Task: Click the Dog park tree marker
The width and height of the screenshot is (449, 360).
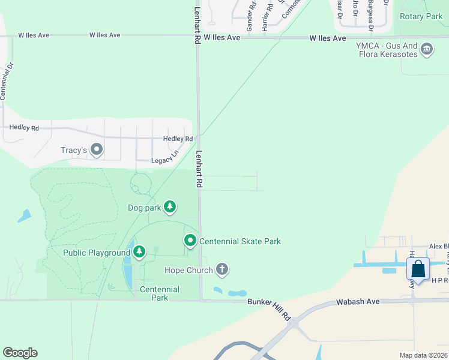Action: [x=170, y=207]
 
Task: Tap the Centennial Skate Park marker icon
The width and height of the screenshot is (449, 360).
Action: [x=190, y=241]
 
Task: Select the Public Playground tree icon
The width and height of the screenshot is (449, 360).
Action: [x=139, y=251]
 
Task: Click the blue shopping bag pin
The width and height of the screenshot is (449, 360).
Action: [x=418, y=269]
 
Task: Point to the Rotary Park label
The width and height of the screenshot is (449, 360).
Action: [x=421, y=17]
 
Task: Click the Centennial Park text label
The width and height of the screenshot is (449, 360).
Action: [x=160, y=293]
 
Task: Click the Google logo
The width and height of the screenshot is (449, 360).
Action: [x=20, y=353]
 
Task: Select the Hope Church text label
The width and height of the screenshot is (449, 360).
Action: [x=188, y=270]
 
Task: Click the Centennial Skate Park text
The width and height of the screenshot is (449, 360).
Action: [x=240, y=242]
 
